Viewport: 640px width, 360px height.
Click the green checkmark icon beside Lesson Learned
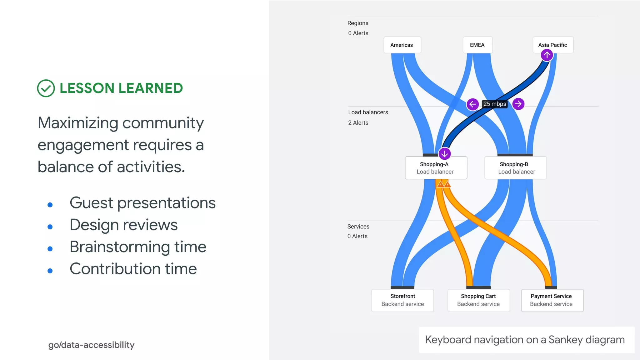tap(46, 88)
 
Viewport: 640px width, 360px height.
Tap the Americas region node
tap(402, 45)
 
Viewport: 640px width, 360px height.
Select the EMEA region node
tap(477, 45)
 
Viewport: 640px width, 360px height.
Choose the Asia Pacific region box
tap(552, 45)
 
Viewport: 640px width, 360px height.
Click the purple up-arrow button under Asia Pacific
tap(547, 55)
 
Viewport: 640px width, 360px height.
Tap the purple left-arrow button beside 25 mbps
tap(472, 104)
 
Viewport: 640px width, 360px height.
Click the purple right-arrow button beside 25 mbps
tap(518, 104)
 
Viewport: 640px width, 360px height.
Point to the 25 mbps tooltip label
tap(495, 104)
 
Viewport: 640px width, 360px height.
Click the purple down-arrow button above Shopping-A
tap(444, 154)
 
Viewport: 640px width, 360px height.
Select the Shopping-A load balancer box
tap(436, 168)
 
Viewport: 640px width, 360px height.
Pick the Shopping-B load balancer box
tap(515, 168)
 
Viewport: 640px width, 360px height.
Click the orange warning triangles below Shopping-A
tap(444, 184)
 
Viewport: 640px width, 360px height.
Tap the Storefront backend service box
tap(402, 300)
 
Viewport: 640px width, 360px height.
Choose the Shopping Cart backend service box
tap(478, 300)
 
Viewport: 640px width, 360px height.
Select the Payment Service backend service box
tap(552, 300)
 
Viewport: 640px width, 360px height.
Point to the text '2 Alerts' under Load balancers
tap(358, 123)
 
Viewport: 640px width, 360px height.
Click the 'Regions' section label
tap(358, 23)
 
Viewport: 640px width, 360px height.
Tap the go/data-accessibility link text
tap(91, 345)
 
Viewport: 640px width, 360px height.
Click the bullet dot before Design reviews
tap(50, 227)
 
